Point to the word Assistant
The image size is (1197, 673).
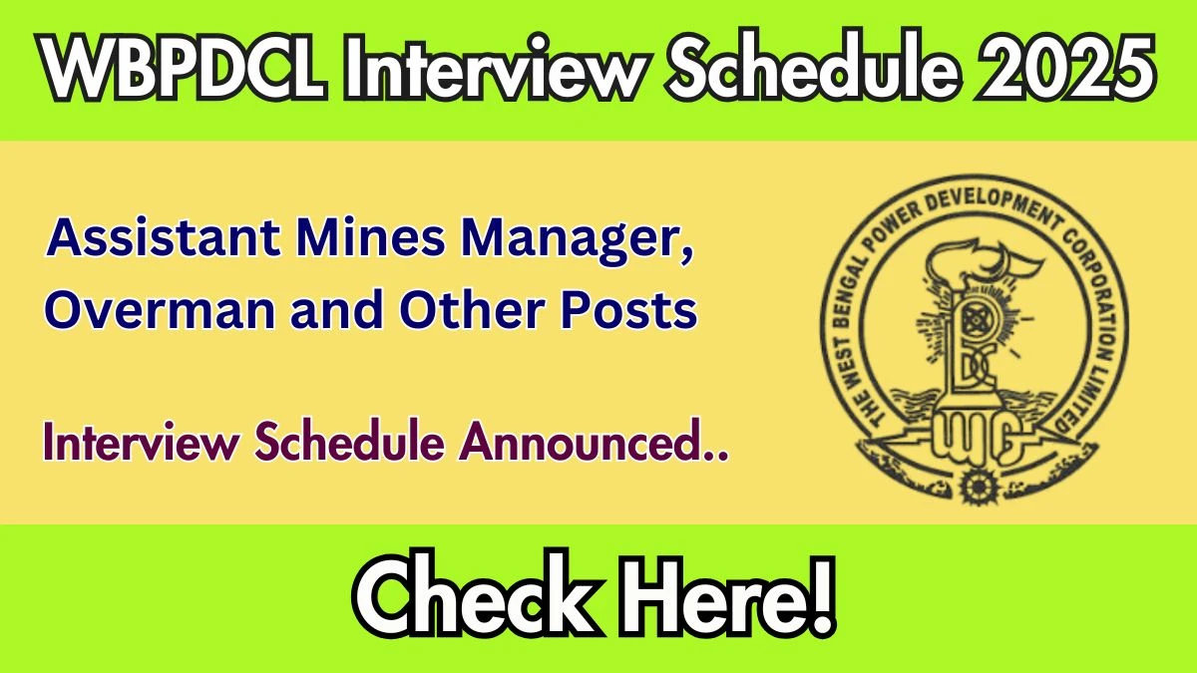point(164,237)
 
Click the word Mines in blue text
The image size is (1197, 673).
point(371,237)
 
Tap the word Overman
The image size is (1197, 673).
point(160,310)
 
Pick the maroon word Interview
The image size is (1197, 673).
point(142,443)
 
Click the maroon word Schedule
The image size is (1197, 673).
point(349,441)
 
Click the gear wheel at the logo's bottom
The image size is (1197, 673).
point(978,487)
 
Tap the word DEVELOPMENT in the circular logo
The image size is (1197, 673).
point(992,204)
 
